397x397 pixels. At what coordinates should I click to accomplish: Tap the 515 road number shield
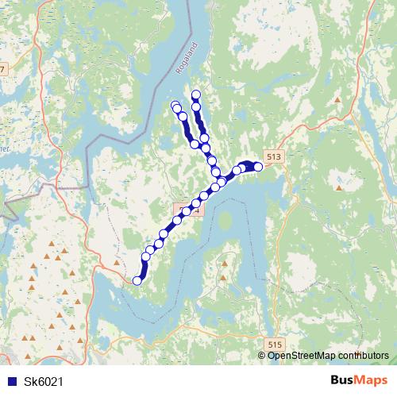[x=275, y=343]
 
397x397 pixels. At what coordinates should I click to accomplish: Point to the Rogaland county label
[x=183, y=60]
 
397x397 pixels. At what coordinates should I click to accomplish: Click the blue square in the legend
[x=12, y=381]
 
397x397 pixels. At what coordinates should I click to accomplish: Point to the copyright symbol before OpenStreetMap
[x=263, y=355]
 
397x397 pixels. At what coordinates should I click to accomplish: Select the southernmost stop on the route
[x=137, y=279]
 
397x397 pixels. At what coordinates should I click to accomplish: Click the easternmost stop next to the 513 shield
[x=257, y=166]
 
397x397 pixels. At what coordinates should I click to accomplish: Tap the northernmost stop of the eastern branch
[x=196, y=96]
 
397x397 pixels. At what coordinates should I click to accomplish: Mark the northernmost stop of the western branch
[x=175, y=105]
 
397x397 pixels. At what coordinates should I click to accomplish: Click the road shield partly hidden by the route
[x=188, y=210]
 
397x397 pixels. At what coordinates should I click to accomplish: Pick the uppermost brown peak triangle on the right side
[x=337, y=100]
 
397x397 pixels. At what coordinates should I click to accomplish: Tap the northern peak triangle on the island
[x=225, y=256]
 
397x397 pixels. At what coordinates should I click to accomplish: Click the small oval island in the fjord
[x=228, y=220]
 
